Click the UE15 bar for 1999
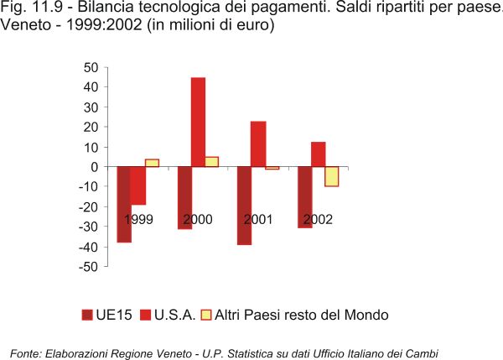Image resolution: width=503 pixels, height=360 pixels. (x=124, y=204)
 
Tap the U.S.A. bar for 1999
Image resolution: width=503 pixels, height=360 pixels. (x=138, y=185)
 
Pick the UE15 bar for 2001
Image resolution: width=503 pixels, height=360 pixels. (x=244, y=206)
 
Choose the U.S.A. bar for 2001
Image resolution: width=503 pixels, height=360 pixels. (x=258, y=144)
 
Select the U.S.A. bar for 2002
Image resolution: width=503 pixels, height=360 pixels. (x=318, y=154)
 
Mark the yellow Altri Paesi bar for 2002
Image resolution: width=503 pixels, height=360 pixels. (x=332, y=176)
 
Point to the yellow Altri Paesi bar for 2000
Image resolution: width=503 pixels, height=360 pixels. (x=212, y=162)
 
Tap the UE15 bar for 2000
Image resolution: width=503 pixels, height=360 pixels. (x=184, y=198)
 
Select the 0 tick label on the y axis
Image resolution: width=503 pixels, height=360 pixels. (x=96, y=167)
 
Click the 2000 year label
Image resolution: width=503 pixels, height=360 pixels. (x=198, y=220)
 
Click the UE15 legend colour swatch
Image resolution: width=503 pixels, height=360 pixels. (x=86, y=316)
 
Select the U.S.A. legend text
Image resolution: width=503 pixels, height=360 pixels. (x=175, y=316)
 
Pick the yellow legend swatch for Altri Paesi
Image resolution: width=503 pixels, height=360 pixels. (x=206, y=316)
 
